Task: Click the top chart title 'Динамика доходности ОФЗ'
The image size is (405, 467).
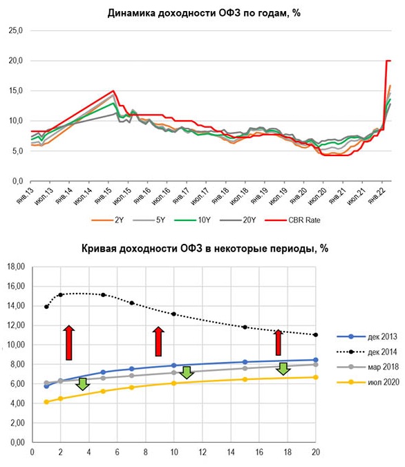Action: point(173,13)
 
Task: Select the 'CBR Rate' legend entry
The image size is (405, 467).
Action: point(292,220)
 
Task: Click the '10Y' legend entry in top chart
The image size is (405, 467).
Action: point(193,220)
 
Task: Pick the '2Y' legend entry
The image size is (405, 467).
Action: point(108,220)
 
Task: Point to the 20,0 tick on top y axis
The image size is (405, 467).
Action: point(15,61)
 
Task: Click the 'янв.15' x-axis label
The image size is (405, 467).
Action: point(103,196)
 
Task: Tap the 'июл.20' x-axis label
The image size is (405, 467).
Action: point(317,196)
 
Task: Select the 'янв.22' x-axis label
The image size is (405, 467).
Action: point(377,196)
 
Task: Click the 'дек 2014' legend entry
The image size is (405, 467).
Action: point(367,352)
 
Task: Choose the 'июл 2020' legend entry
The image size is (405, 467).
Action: point(368,382)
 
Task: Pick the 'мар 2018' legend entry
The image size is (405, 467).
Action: point(368,367)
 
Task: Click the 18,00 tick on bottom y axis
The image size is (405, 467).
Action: point(16,267)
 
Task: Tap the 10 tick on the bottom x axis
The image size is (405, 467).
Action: point(174,452)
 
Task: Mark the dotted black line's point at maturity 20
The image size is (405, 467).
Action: point(316,335)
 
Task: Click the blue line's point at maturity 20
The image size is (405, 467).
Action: point(316,360)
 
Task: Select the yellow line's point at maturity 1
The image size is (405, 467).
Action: point(46,402)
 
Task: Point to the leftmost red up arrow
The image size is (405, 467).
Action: point(69,343)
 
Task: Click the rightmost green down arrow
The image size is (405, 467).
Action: point(283,369)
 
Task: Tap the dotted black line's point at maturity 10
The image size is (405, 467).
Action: point(173,314)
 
